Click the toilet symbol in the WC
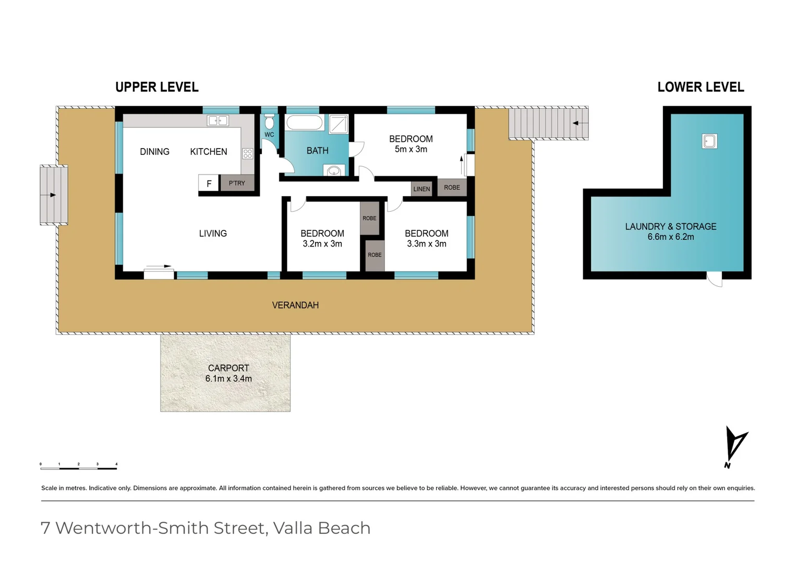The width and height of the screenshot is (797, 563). (x=269, y=123)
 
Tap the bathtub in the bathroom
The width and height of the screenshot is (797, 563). (x=305, y=123)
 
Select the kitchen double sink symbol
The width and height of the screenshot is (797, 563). (x=218, y=121)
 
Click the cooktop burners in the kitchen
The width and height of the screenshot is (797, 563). (x=248, y=153)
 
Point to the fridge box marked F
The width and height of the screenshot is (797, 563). (x=209, y=183)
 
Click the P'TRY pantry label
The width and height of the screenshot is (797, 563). (x=237, y=183)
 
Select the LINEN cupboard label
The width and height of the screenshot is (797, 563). (x=421, y=189)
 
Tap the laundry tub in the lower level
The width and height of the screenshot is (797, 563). (x=709, y=141)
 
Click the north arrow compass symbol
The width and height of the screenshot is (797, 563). (x=735, y=446)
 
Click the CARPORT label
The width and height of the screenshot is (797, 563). (x=228, y=368)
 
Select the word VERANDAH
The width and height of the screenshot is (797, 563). (x=295, y=305)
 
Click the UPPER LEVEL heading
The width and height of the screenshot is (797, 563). (x=157, y=87)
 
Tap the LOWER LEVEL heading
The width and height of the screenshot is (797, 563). (x=701, y=87)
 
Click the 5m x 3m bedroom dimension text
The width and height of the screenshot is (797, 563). (x=411, y=149)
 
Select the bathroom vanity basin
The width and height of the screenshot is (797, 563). (x=334, y=170)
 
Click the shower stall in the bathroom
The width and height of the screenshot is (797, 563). (x=339, y=124)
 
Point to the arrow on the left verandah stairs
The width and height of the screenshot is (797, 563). (x=52, y=195)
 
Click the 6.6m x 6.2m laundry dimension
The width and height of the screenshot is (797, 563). (x=671, y=237)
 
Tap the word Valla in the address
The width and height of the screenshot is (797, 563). (x=293, y=528)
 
